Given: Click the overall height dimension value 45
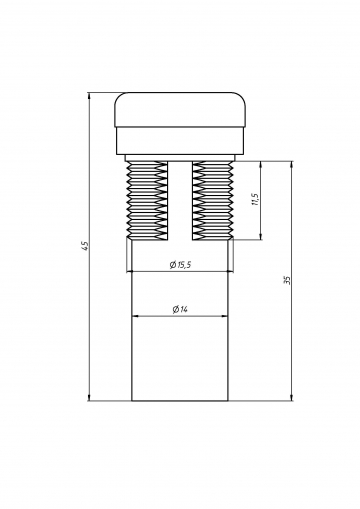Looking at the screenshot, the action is [86, 246].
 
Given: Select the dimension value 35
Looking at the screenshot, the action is [288, 280].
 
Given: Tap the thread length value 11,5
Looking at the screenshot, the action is [256, 200].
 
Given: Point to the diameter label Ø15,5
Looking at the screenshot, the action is [180, 265].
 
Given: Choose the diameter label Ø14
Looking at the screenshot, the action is [180, 309].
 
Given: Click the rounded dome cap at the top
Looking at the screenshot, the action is [180, 110].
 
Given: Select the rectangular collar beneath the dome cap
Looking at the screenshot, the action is [180, 141].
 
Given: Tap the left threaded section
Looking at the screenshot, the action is [148, 200].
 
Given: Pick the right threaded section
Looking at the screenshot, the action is [212, 200].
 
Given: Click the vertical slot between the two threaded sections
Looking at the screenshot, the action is [180, 200].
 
